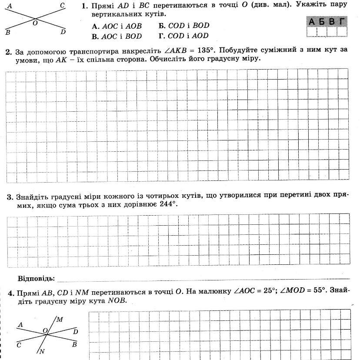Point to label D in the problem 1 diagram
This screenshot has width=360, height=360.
(x=63, y=32)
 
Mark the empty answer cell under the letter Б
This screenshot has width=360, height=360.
(x=322, y=31)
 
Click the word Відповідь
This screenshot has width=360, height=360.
(x=36, y=278)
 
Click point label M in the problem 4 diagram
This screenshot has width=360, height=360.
(x=60, y=320)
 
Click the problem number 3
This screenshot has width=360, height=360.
(x=9, y=197)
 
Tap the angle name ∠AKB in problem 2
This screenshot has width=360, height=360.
(x=174, y=50)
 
